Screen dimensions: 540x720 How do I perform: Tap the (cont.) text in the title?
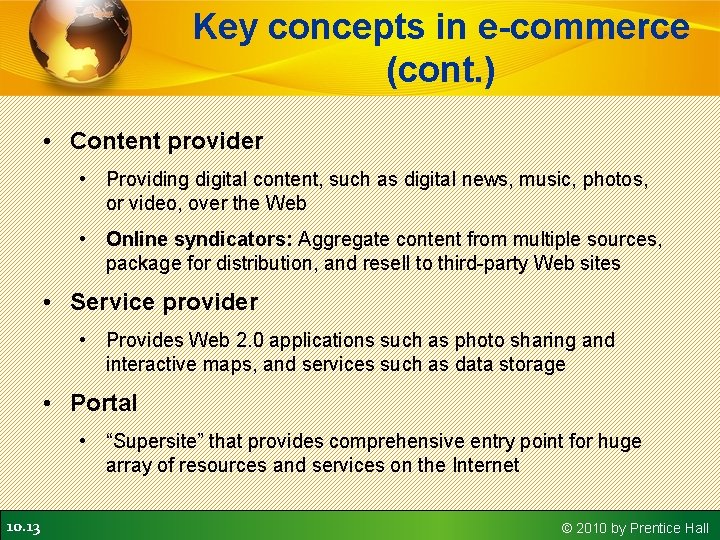441,71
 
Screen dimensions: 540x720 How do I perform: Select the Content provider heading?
166,141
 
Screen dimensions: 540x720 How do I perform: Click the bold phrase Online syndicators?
199,239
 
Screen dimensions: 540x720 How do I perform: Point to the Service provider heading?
164,302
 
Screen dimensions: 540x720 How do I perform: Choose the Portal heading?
103,403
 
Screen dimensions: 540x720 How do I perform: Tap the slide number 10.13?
22,526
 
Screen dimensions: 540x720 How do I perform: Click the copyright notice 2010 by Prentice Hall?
635,527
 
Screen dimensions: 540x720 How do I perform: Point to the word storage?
532,364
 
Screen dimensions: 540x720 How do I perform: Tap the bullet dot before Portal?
49,403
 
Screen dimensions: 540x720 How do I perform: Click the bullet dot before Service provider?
49,302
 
